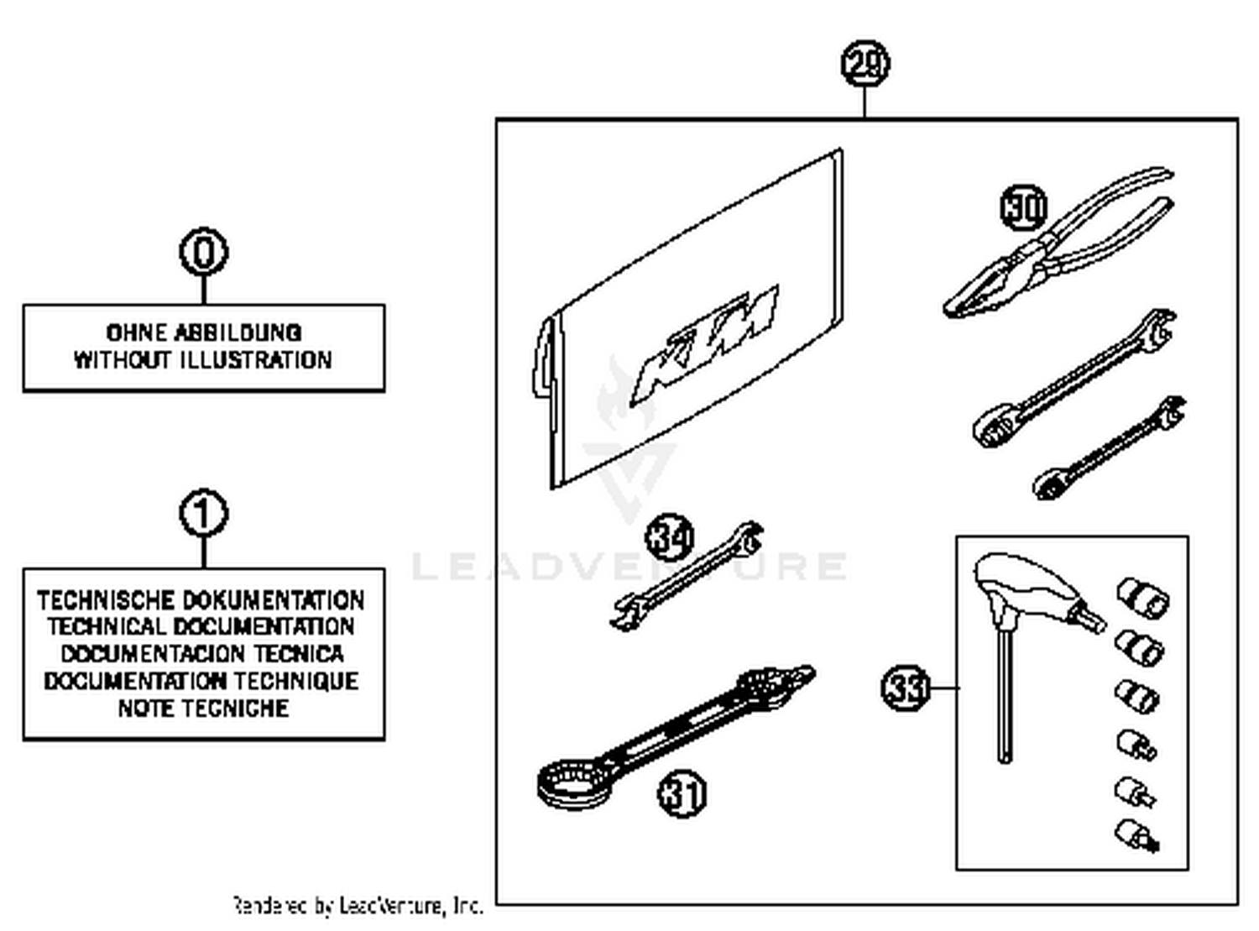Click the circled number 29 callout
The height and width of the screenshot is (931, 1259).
(865, 65)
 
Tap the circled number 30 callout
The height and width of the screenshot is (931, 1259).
(1024, 207)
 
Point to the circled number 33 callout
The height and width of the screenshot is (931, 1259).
(906, 688)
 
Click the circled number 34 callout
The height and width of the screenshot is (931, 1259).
(670, 537)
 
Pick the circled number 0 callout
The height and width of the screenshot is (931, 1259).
(203, 252)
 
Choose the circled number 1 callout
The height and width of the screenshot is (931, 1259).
(203, 513)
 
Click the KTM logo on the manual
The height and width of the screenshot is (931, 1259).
(707, 345)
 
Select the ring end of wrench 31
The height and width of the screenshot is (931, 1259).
(573, 782)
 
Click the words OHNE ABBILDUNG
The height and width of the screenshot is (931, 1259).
(203, 332)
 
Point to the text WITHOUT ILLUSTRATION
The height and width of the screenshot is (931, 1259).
(203, 360)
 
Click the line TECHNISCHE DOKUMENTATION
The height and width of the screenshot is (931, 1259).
(201, 600)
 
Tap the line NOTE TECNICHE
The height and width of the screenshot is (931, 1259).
(203, 709)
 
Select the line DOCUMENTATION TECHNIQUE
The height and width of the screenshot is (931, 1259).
(201, 681)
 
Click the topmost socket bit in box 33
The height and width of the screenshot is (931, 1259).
(1142, 597)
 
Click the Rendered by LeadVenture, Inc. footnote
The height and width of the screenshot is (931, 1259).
(358, 906)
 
